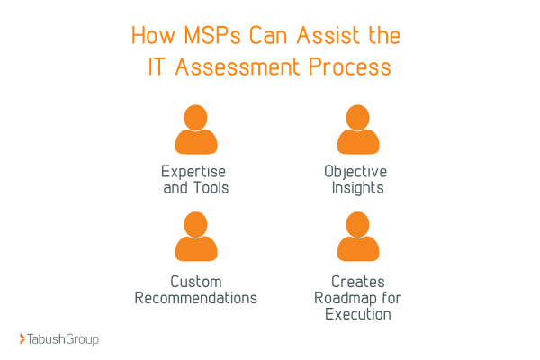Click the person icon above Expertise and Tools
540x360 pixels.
pos(196,130)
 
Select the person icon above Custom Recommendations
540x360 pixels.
pos(196,238)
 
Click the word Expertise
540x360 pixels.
pos(194,171)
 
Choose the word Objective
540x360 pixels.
pos(355,171)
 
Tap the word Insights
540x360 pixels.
pos(355,188)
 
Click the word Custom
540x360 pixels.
pos(196,281)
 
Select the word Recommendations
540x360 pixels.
pos(196,298)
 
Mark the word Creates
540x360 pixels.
pos(354,281)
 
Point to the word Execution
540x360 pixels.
pos(354,315)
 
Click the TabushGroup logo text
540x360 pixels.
pos(64,339)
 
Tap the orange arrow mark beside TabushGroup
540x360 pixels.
pos(22,339)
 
